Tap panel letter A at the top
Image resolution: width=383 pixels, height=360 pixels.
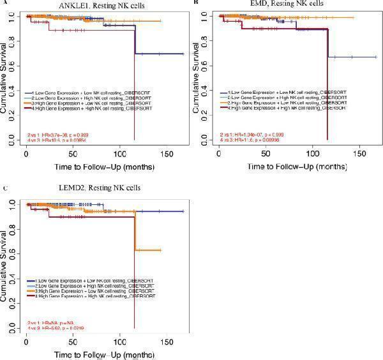6,3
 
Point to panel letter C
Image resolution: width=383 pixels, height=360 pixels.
6,188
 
